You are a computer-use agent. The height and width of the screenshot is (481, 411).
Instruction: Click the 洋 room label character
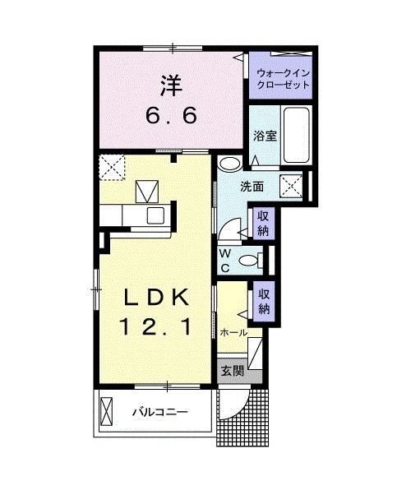coord(171,85)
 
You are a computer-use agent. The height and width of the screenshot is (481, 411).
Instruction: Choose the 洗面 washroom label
coord(252,187)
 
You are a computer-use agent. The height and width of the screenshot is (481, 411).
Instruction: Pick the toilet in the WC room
coord(249,261)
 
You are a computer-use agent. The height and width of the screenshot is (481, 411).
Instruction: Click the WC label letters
coord(224,261)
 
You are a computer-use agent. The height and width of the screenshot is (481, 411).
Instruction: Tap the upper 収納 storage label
coord(263,222)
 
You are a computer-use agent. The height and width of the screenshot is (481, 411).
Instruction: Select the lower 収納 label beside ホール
coord(263,300)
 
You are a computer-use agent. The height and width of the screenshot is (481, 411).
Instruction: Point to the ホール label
coord(234,332)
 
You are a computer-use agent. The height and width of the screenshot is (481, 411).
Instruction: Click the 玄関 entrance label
coord(233,371)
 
